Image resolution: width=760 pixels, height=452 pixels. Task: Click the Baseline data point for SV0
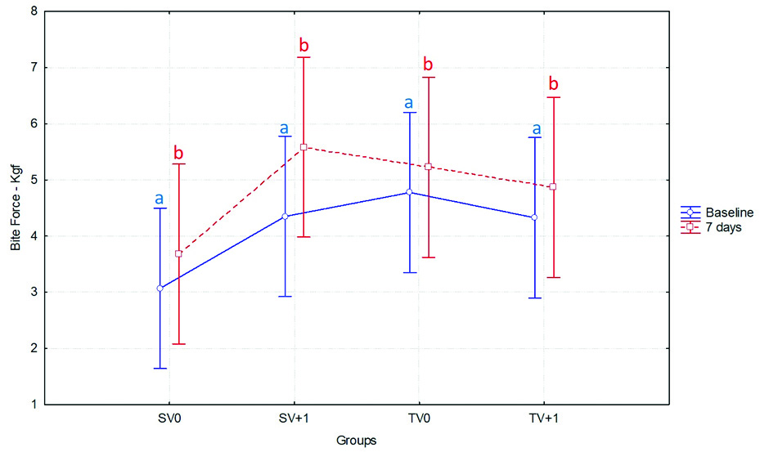160,289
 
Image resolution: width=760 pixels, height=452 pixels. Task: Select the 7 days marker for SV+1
304,147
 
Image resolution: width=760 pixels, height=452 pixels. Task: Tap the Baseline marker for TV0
410,192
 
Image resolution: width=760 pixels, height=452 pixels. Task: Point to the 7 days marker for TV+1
553,186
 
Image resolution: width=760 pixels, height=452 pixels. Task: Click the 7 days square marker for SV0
178,253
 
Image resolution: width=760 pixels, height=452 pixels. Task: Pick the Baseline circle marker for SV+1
285,217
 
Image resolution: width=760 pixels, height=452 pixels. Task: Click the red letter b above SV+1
304,45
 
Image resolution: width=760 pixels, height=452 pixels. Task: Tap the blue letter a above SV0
160,198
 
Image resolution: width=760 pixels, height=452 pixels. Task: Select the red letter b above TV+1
553,84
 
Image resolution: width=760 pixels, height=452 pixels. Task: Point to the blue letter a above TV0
410,103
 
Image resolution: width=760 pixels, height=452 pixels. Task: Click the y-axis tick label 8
33,11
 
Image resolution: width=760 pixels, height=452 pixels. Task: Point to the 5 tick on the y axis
33,180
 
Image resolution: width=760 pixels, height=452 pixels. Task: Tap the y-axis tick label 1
33,405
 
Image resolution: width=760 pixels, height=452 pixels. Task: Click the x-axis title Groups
356,441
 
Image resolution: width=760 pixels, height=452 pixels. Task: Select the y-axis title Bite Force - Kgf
15,208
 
